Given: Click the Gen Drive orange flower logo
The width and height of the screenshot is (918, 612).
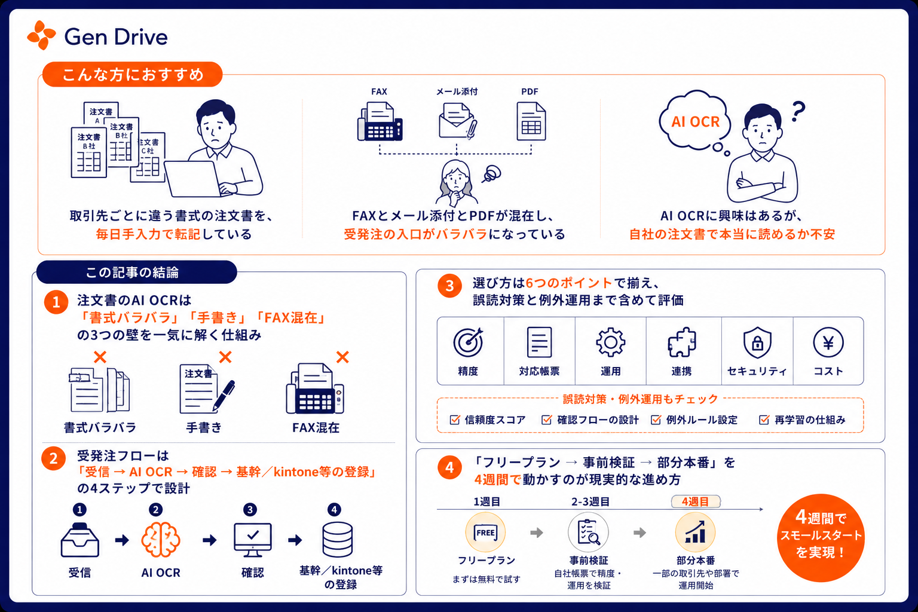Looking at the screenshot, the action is point(41,35).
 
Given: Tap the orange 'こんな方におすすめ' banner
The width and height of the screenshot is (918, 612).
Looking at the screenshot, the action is point(132,75).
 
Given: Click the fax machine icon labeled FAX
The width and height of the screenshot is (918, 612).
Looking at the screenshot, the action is point(380,122).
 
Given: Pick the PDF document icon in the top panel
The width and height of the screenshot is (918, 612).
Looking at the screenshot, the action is point(531,121).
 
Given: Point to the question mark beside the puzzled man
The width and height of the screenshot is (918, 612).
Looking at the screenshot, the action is point(798,112).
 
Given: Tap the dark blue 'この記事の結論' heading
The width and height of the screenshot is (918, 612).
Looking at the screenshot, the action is point(136,272).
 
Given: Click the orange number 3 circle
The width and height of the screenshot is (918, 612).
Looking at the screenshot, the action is point(449,286).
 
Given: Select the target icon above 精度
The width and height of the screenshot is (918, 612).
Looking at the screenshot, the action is point(468,342).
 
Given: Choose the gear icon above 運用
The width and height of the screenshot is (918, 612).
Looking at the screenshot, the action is point(611,342).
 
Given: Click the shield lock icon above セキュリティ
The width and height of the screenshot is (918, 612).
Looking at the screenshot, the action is point(757,342).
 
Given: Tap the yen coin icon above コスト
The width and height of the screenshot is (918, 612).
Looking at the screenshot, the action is point(828,342).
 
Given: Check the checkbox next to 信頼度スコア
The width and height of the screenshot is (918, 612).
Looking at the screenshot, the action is point(455,420).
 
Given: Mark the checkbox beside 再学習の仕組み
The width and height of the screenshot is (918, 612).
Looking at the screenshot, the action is point(764,420).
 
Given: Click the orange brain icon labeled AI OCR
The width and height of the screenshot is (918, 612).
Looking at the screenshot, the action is point(161,540).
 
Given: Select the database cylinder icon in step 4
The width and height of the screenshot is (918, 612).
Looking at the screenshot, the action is point(338,540).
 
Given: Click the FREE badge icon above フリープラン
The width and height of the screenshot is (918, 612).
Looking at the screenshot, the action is point(486,533).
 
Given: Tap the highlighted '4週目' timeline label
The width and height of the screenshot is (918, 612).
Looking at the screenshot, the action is point(696,502).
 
